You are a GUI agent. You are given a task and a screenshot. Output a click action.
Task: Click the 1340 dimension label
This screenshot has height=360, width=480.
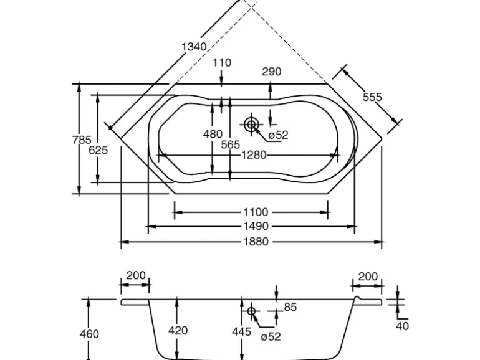click(194, 46)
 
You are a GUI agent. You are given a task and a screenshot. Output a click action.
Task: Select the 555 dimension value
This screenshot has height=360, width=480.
click(372, 97)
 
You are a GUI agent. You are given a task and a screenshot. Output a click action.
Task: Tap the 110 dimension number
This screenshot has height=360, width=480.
click(222, 62)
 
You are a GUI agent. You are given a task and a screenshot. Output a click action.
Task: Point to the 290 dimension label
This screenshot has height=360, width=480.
click(271, 71)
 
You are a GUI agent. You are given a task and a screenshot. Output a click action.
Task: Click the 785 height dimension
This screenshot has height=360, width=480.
click(82, 140)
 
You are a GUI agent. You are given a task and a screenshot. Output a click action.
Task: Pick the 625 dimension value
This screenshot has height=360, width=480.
click(98, 150)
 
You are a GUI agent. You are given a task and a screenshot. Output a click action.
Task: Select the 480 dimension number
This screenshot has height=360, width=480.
click(213, 134)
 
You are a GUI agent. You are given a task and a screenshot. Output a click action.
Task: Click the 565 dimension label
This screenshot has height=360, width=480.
click(231, 144)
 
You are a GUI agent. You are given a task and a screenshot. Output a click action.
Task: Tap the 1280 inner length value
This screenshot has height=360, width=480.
click(254, 155)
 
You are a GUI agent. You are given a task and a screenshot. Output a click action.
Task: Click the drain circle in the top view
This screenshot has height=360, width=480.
click(251, 125)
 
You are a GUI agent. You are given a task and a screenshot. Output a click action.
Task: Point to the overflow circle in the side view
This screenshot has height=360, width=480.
click(252, 310)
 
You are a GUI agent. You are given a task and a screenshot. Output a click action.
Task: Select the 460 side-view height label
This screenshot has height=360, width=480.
click(89, 334)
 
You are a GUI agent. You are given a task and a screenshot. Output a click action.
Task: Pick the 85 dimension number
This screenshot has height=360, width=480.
click(290, 306)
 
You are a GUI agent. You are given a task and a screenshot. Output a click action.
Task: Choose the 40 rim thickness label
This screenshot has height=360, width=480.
click(403, 324)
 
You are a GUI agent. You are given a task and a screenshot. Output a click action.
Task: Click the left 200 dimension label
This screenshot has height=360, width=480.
click(135, 275)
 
